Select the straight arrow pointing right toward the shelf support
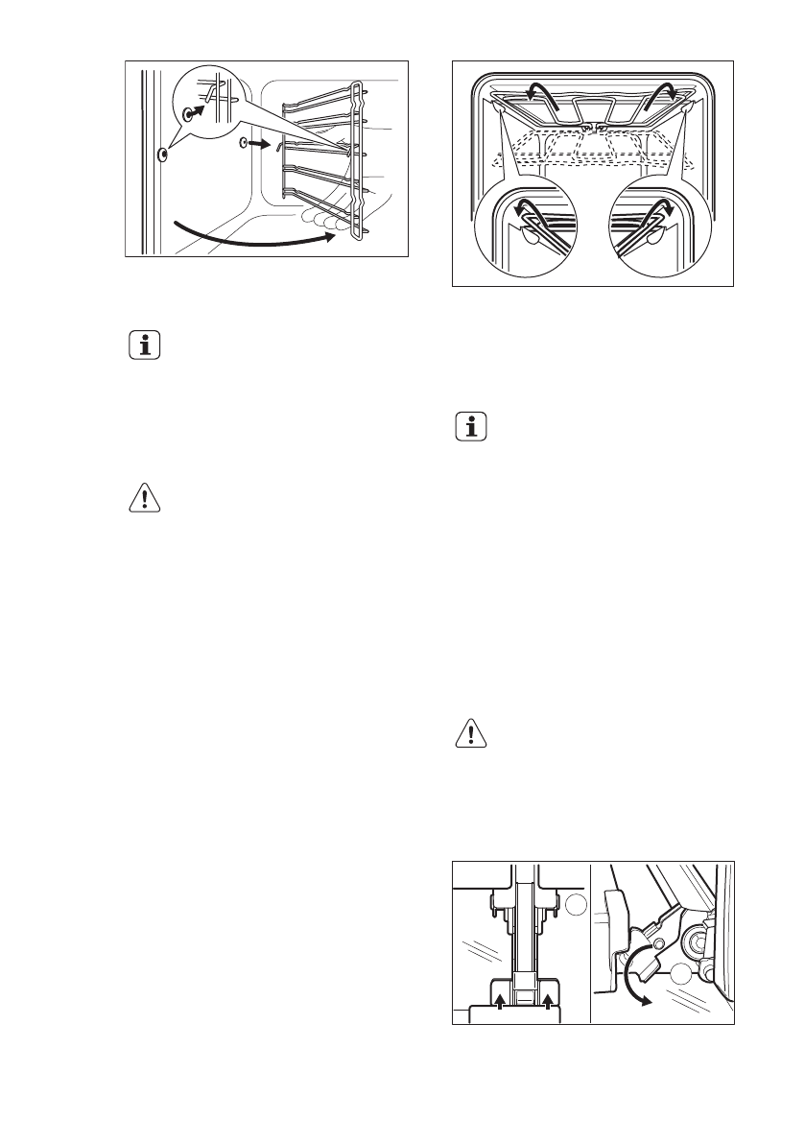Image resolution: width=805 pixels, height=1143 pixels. (259, 144)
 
